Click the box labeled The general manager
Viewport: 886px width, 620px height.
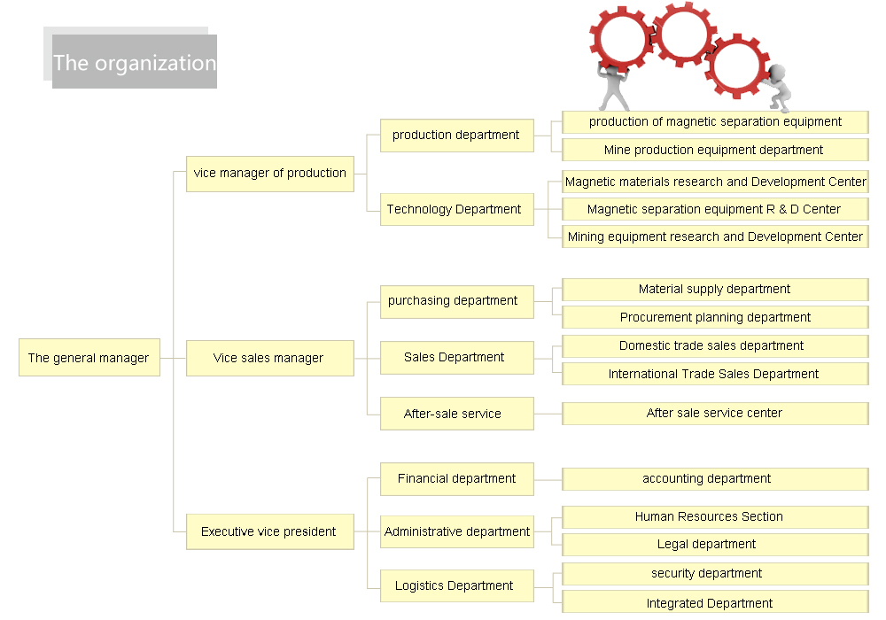pos(89,358)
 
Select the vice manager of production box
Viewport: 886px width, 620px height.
pos(269,173)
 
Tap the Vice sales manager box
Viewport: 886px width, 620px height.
pos(269,358)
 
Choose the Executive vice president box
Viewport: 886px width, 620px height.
pos(269,531)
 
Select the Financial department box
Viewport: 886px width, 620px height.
pos(456,478)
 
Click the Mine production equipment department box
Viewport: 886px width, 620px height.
pos(714,150)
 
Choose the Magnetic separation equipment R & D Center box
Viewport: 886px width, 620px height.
pos(714,209)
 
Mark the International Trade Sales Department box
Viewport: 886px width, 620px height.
pos(714,374)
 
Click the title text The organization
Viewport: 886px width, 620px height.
pos(135,63)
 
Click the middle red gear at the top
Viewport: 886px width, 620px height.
pos(684,35)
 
